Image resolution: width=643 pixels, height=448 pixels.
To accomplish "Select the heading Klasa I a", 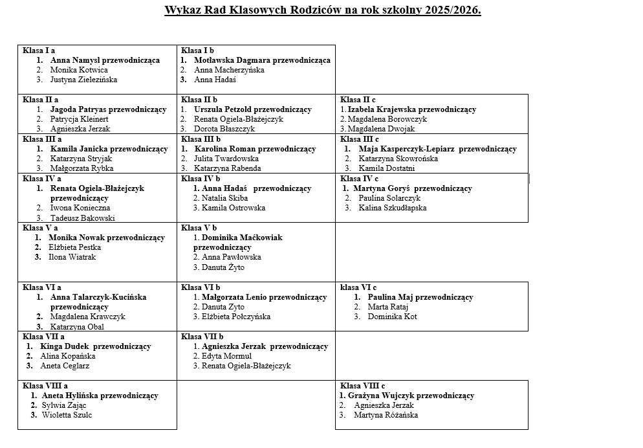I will (39, 50).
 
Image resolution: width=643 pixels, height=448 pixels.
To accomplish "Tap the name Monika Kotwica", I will (79, 70).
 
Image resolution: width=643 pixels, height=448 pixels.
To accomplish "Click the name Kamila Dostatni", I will (387, 168).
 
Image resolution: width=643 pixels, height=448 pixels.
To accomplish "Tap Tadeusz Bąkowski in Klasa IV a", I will (83, 218).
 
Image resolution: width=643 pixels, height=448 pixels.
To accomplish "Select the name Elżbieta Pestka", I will (74, 247).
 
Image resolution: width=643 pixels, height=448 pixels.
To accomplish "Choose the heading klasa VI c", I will (358, 287).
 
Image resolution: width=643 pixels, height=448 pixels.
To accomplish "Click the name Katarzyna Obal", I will (77, 327).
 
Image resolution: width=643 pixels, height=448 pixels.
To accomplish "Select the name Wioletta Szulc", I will (67, 415).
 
